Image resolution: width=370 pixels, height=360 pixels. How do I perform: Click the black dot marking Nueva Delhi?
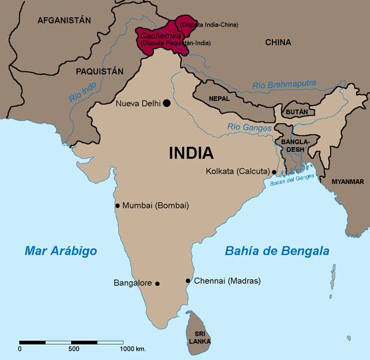(x=167, y=103)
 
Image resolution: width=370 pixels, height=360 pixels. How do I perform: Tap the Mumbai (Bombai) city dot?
(x=118, y=205)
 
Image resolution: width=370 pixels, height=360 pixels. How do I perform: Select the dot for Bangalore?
(x=157, y=284)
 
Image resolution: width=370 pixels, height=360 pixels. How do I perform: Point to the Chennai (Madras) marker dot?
(x=188, y=281)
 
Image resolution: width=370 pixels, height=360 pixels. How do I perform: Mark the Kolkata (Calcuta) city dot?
(x=274, y=172)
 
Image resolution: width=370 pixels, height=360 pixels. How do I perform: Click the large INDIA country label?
(x=191, y=153)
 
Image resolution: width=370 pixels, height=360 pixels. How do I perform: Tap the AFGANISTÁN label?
(x=64, y=21)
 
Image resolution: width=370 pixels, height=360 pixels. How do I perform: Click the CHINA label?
(x=278, y=43)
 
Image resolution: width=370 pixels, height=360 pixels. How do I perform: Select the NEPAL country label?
(x=219, y=98)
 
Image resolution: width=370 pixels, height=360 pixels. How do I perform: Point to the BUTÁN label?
(x=297, y=112)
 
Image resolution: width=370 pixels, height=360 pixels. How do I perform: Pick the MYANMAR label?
(x=347, y=182)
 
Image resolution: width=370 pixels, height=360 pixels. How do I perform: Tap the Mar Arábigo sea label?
(x=60, y=251)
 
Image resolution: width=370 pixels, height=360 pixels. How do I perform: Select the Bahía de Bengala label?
(x=276, y=251)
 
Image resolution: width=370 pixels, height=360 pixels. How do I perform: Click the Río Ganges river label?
(x=249, y=127)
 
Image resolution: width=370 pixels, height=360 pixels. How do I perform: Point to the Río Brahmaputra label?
(x=284, y=85)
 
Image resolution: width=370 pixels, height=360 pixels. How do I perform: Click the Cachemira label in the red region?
(x=156, y=35)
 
